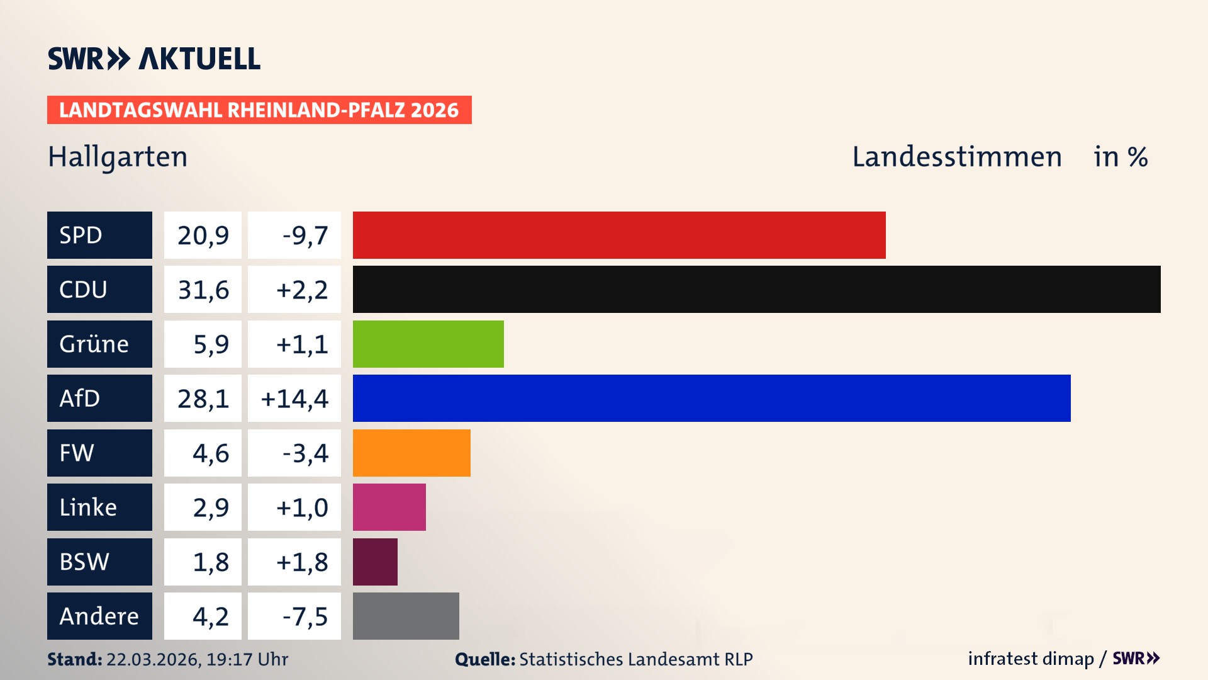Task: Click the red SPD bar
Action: click(619, 235)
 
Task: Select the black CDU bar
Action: click(756, 289)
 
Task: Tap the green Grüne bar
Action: click(428, 344)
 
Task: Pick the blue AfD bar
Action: click(711, 398)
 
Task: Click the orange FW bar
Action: click(411, 453)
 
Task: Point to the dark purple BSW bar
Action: click(375, 562)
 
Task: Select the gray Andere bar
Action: click(406, 616)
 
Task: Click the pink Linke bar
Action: click(389, 507)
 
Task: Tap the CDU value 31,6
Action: click(203, 290)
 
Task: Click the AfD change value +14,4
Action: click(294, 399)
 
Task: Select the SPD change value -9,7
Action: click(305, 235)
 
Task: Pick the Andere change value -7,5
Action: click(305, 616)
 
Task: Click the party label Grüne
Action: click(94, 344)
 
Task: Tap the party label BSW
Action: click(84, 562)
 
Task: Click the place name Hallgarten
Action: click(118, 157)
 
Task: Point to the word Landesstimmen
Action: click(956, 157)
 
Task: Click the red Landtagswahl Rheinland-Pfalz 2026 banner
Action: click(259, 110)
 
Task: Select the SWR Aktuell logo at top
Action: click(154, 59)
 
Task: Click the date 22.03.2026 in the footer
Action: click(153, 659)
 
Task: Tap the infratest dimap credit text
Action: click(1031, 659)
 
